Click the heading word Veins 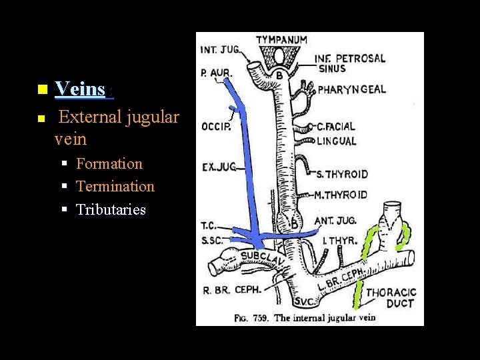80,89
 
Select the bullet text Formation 109,164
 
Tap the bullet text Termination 115,187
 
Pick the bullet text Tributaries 111,210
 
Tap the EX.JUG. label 219,167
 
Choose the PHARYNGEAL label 352,89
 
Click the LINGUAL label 337,141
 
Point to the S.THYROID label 342,175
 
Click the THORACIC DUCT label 391,298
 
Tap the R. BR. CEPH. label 233,289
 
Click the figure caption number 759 261,317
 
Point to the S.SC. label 212,240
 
